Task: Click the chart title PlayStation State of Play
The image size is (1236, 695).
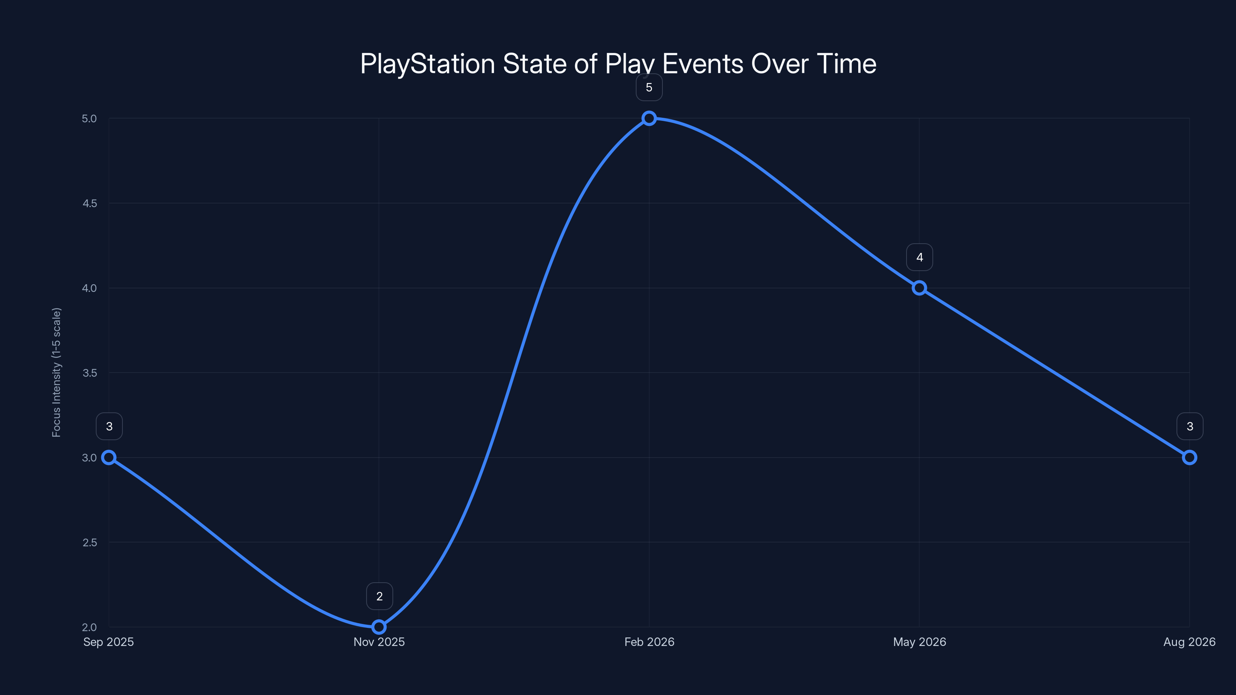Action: [618, 64]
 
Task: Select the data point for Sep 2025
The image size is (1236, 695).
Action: [109, 458]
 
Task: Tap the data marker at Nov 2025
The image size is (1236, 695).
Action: [379, 627]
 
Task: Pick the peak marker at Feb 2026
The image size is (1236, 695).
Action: [649, 118]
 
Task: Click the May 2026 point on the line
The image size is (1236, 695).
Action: [919, 288]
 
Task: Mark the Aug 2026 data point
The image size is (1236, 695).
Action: [1190, 458]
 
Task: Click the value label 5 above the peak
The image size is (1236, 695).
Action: [649, 88]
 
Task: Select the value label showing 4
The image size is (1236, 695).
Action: [919, 258]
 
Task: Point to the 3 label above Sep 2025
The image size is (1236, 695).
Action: [109, 426]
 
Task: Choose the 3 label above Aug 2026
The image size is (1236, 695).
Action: [1190, 426]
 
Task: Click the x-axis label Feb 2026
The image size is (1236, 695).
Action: [649, 642]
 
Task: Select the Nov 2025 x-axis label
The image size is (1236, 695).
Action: [379, 642]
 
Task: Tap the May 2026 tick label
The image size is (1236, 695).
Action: [919, 642]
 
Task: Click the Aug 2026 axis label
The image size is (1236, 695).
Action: [1190, 642]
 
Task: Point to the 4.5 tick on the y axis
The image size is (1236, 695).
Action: [90, 203]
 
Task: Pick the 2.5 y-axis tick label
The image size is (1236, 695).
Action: [90, 542]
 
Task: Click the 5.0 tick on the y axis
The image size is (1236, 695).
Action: [89, 119]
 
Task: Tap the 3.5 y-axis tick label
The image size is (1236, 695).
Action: [90, 373]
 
